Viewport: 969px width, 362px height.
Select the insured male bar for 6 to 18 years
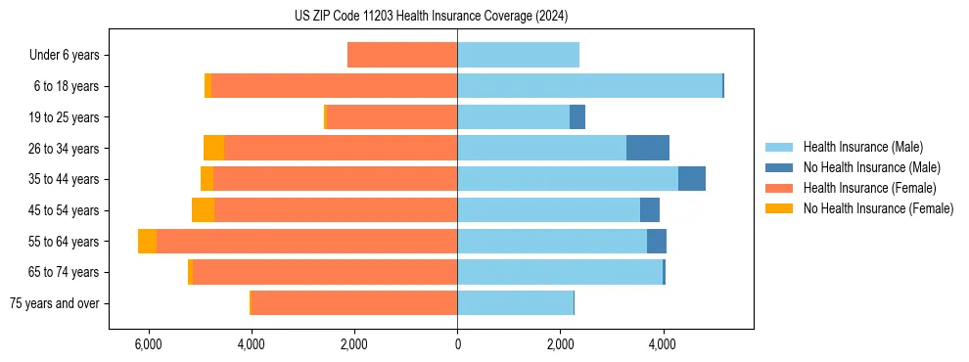coord(589,86)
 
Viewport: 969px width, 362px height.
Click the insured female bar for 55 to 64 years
coord(306,242)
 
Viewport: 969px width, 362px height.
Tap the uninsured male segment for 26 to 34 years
coord(648,148)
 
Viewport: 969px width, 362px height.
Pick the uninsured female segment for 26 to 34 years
coord(213,148)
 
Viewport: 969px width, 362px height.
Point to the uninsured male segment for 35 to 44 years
coord(692,179)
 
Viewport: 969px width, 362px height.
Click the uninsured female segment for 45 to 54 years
coord(203,210)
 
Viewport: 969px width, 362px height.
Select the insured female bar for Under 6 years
coord(402,55)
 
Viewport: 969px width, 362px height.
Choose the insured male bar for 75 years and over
coord(515,303)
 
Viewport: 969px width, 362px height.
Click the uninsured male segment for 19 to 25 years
coord(577,117)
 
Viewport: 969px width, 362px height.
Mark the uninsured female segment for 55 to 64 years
coord(147,242)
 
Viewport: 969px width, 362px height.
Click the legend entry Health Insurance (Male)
coord(862,147)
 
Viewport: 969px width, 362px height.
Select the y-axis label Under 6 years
coord(65,55)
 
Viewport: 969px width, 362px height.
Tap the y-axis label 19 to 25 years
coord(67,117)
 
